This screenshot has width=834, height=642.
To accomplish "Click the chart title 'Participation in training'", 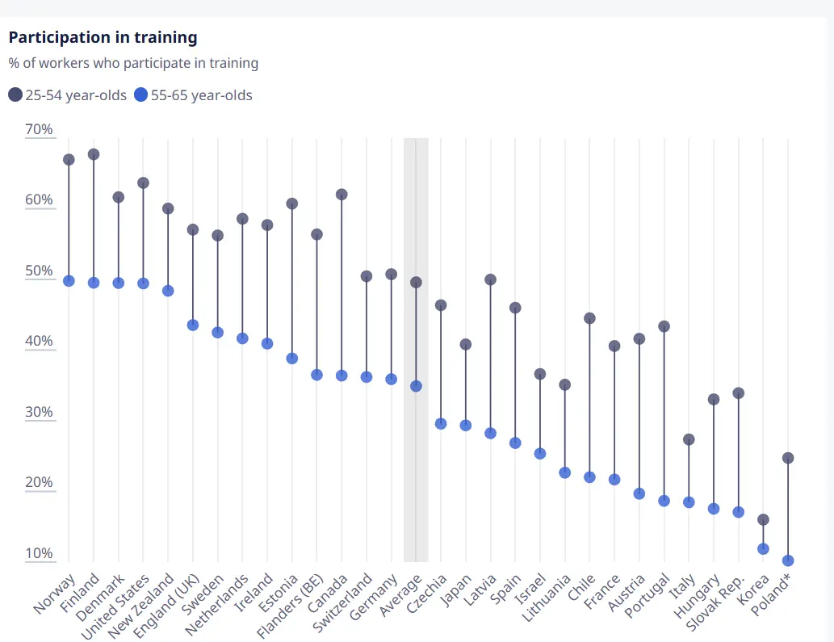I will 103,37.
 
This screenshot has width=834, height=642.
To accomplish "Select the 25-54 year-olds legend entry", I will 68,95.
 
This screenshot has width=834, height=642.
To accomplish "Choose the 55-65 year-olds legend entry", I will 194,95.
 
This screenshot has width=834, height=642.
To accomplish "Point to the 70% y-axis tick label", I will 39,129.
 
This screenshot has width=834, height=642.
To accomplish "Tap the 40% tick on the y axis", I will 39,341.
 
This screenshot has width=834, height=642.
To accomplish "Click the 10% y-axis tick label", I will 39,553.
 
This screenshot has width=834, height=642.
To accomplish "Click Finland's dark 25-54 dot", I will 94,154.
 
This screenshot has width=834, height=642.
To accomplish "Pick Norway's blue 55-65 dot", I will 69,281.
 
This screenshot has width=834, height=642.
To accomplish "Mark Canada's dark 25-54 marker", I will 342,195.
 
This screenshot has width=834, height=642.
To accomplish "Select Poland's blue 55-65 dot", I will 788,560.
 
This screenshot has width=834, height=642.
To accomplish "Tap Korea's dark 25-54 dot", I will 763,519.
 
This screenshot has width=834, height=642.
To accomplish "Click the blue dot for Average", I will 416,386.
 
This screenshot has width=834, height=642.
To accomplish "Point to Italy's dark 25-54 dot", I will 689,439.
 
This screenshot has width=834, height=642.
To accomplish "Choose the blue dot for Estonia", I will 292,359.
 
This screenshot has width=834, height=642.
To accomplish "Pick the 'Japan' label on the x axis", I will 455,589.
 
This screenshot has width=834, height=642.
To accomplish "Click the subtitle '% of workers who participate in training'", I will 134,63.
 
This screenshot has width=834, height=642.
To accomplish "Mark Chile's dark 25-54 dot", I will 589,318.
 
